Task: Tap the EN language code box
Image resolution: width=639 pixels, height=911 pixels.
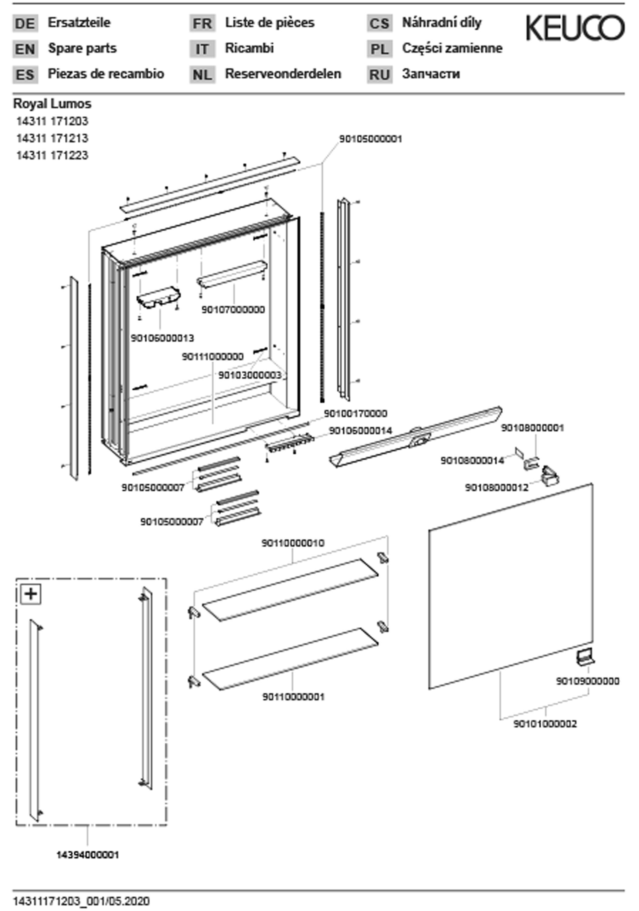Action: click(x=25, y=49)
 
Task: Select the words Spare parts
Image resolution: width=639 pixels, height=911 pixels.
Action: click(x=82, y=48)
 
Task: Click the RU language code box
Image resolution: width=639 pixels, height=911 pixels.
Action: click(x=379, y=75)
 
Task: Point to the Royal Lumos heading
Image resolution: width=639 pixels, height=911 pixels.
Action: click(x=52, y=104)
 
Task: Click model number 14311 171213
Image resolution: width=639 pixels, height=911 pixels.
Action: click(x=52, y=138)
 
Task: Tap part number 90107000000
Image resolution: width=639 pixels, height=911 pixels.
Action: click(x=233, y=309)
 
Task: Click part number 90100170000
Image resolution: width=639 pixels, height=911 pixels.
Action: click(x=355, y=413)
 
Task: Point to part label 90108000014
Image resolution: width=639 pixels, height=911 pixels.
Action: click(x=472, y=460)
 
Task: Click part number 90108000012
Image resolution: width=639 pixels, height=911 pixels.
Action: click(x=497, y=487)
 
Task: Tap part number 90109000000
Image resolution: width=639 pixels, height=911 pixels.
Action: click(x=587, y=681)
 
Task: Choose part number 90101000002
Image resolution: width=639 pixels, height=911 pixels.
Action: click(x=545, y=724)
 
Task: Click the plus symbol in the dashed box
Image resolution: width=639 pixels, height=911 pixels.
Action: click(x=31, y=594)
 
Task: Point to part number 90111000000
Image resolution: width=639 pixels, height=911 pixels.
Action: click(x=212, y=357)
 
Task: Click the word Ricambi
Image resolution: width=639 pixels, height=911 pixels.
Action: click(x=249, y=48)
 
